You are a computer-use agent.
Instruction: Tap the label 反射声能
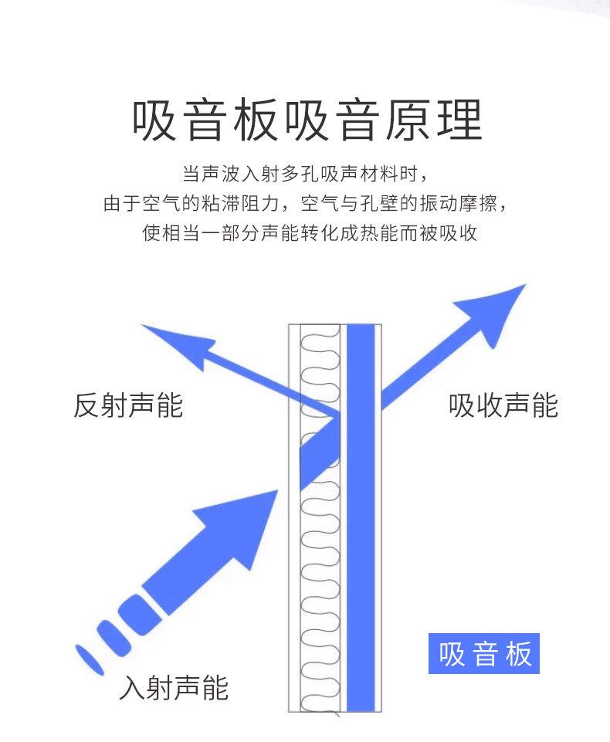pyautogui.click(x=128, y=405)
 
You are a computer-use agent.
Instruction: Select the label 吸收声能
pyautogui.click(x=503, y=405)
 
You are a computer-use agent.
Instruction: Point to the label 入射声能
pyautogui.click(x=174, y=686)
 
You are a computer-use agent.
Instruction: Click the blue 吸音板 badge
pyautogui.click(x=484, y=653)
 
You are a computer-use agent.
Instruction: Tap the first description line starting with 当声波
pyautogui.click(x=304, y=173)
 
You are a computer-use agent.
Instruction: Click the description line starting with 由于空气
pyautogui.click(x=304, y=204)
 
